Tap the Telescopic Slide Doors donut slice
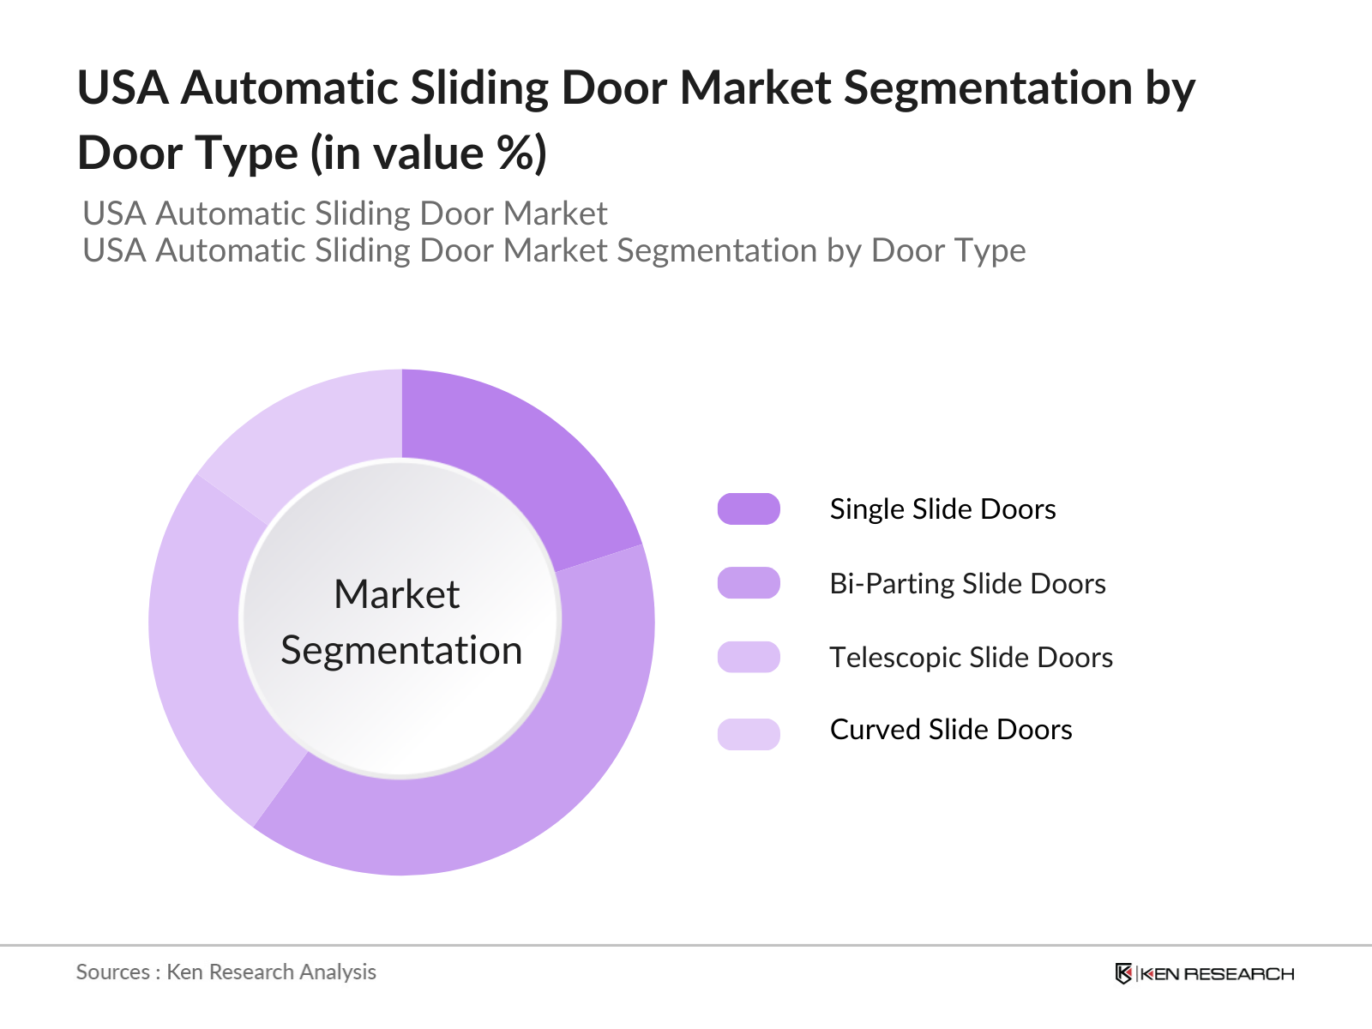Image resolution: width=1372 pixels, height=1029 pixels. point(206,652)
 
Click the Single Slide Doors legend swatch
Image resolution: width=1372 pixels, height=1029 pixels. point(749,508)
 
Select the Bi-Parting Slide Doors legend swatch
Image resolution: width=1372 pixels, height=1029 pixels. point(749,583)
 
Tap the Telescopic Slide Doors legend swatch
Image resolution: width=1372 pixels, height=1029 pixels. point(749,657)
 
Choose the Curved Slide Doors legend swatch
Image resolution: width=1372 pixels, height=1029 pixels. point(749,734)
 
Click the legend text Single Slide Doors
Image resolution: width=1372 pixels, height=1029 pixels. point(942,509)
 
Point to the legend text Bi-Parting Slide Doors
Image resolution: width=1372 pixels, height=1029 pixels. point(967,584)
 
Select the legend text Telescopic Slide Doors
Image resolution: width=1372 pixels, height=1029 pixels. point(971,658)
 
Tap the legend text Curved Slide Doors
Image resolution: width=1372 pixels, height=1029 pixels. point(951,730)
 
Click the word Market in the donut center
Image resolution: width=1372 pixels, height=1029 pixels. point(397,594)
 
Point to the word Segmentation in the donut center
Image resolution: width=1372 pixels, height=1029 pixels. point(401,650)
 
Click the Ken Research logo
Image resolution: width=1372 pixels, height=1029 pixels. point(1204,973)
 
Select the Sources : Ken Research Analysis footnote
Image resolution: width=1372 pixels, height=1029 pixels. point(226,972)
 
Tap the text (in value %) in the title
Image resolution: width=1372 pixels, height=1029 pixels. point(429,153)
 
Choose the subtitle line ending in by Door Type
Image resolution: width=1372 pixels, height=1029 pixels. point(554,250)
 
